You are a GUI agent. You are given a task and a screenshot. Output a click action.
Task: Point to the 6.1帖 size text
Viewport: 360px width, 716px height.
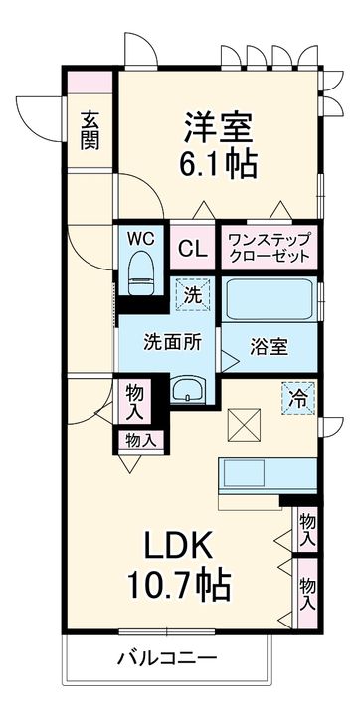219,161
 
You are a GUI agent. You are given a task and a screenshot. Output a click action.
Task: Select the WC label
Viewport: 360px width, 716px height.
139,239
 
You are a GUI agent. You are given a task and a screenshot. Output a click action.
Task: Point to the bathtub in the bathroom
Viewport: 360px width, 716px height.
269,299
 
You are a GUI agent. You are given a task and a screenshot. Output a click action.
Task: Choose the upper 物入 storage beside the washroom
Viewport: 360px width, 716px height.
133,401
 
